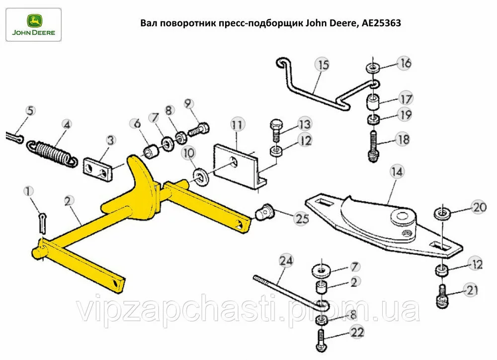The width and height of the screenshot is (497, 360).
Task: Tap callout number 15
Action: tap(323, 65)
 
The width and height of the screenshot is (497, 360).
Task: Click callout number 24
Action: tap(285, 260)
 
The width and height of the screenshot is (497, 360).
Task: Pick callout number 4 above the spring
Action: tap(67, 124)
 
